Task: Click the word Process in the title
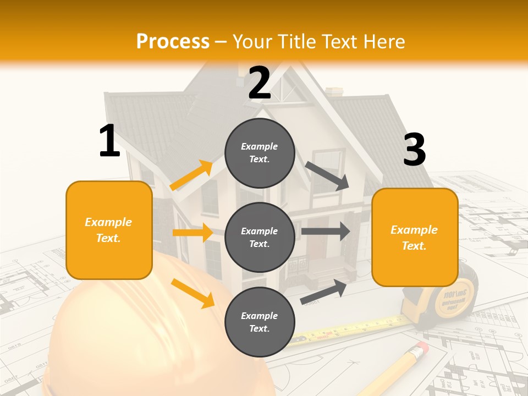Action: (x=173, y=41)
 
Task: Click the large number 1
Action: (x=109, y=141)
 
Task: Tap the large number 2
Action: (x=260, y=83)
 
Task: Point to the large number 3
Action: (x=415, y=150)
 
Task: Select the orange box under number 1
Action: (x=109, y=230)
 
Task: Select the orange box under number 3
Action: (x=415, y=237)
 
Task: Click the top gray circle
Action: (x=260, y=153)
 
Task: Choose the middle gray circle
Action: (x=260, y=237)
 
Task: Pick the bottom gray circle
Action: (x=260, y=322)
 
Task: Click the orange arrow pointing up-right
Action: (x=191, y=175)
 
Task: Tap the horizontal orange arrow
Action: (x=193, y=233)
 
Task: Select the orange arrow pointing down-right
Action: (x=193, y=293)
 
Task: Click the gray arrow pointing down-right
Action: (x=327, y=177)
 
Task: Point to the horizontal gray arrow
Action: (x=325, y=231)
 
